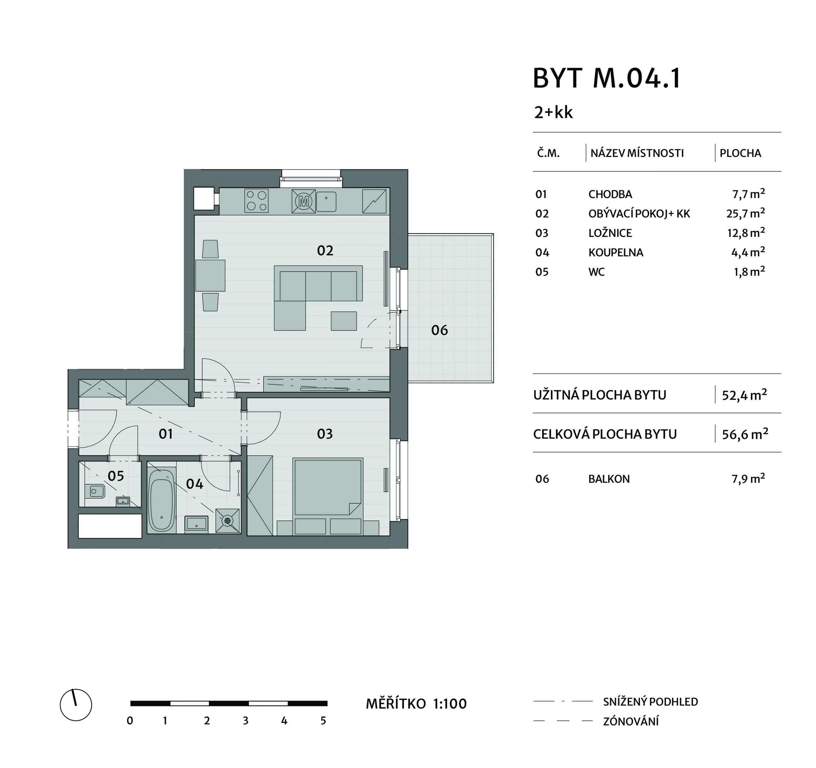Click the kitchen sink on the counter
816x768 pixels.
326,202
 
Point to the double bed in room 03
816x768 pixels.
328,487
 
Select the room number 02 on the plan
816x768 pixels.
325,250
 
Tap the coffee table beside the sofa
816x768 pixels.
344,321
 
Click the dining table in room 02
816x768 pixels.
210,275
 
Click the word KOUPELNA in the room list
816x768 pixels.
616,252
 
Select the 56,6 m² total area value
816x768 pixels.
745,434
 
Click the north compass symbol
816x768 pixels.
76,705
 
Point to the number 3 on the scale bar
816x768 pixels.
246,721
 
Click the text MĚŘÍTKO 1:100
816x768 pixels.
416,704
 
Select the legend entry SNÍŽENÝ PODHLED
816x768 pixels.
651,702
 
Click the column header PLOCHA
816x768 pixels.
741,153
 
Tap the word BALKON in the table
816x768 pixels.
609,479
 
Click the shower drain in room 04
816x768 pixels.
227,520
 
